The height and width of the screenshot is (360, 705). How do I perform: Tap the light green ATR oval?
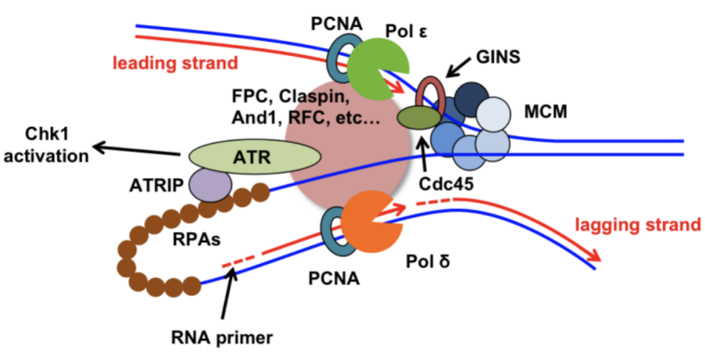(x=254, y=157)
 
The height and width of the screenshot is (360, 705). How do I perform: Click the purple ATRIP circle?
(x=210, y=185)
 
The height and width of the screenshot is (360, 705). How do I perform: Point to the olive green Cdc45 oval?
(x=419, y=118)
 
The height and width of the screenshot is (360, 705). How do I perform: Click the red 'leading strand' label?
(x=175, y=63)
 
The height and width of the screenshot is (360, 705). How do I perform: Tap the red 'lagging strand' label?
(x=638, y=224)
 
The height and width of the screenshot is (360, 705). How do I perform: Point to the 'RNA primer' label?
(x=222, y=337)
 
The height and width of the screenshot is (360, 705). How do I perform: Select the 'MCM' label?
(x=545, y=112)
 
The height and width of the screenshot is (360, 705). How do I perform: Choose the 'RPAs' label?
(x=196, y=239)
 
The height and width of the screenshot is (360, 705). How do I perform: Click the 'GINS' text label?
(x=498, y=57)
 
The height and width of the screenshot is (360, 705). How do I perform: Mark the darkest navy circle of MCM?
(x=471, y=99)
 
